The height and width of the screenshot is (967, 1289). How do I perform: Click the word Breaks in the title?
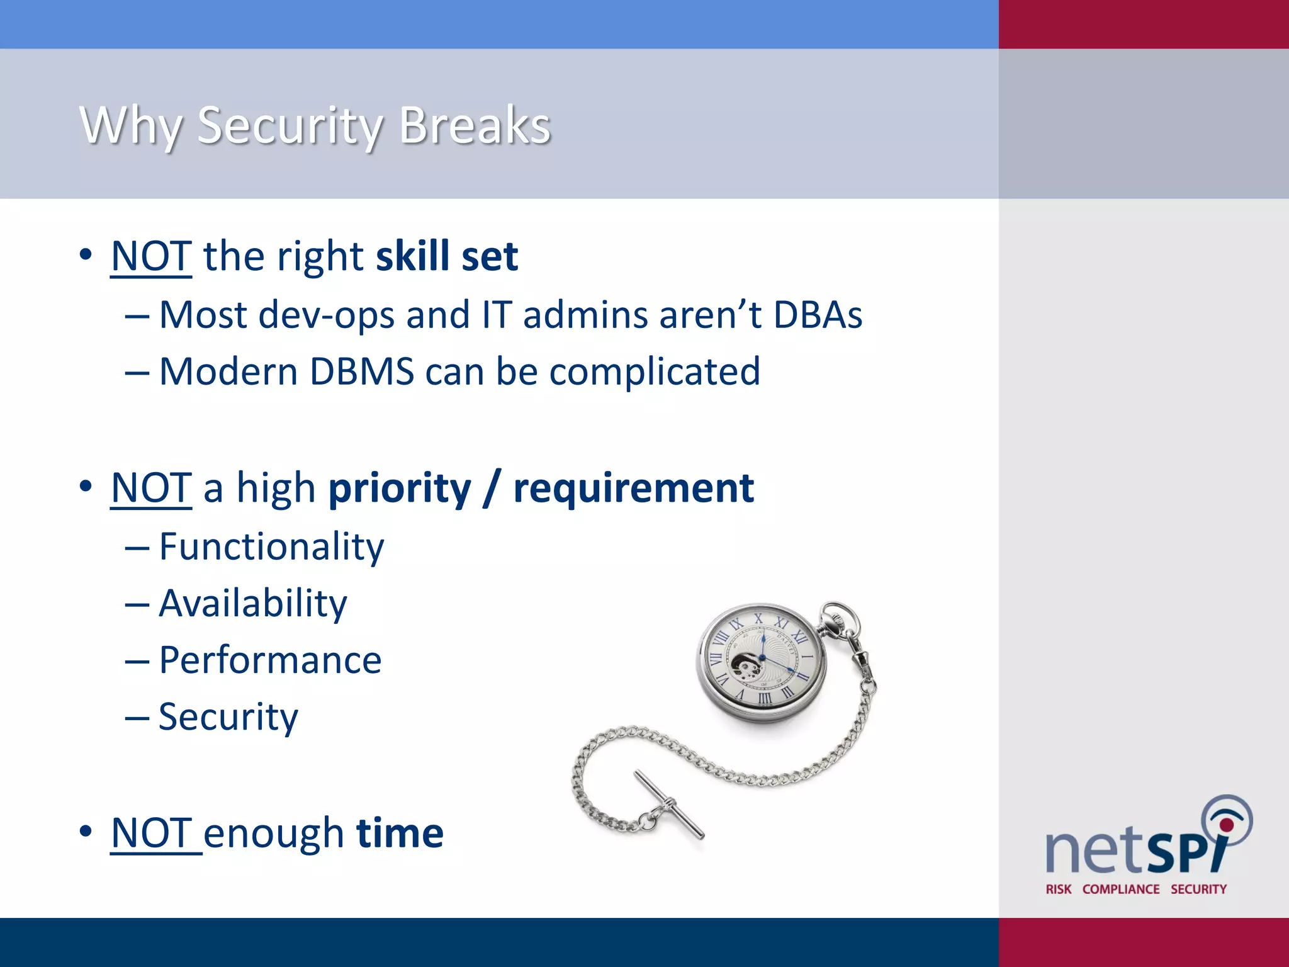[475, 125]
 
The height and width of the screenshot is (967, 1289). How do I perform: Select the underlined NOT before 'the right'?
[151, 256]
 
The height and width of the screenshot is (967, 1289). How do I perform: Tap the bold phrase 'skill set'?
[447, 256]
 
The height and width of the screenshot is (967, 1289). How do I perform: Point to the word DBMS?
[362, 371]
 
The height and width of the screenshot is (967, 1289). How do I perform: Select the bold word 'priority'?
[400, 489]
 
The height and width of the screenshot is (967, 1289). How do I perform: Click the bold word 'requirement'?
[633, 489]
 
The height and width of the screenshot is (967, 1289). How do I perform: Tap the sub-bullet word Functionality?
[271, 546]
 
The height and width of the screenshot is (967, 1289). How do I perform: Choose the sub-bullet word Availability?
[252, 603]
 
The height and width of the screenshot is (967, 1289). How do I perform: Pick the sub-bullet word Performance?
[270, 660]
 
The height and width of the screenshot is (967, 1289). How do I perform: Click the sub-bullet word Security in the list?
[228, 717]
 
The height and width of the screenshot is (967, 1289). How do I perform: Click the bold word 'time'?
[400, 833]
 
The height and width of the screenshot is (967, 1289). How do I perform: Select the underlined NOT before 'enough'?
[151, 833]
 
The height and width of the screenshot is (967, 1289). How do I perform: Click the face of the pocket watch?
[762, 659]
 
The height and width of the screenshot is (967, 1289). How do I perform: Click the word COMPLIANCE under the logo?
[1120, 889]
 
